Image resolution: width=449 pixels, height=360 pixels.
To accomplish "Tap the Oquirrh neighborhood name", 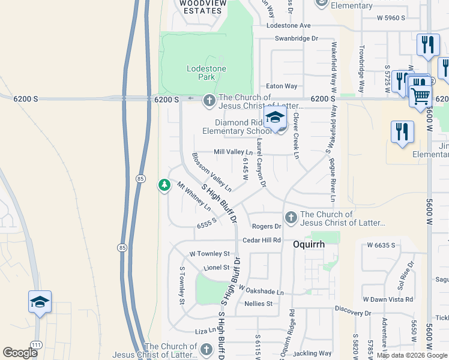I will (x=309, y=244).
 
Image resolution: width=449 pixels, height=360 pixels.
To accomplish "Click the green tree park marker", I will (x=164, y=185).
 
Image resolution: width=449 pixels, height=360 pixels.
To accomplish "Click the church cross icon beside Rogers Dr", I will (x=291, y=217).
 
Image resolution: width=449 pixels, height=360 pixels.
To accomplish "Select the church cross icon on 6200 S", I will (x=209, y=100).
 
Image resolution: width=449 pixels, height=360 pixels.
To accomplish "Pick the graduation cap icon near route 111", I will (x=40, y=301).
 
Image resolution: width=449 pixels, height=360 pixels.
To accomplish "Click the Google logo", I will (x=20, y=353).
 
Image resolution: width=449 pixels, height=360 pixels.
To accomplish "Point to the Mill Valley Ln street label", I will (x=234, y=152).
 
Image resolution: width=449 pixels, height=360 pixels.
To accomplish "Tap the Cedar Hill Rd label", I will (x=262, y=240).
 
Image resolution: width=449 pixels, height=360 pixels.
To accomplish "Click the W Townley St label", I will (x=209, y=254).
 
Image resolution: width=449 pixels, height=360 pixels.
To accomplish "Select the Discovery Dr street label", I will (x=354, y=313).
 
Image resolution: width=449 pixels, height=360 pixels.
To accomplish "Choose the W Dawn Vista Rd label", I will (x=388, y=299).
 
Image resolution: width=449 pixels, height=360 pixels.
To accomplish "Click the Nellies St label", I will (x=259, y=304).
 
